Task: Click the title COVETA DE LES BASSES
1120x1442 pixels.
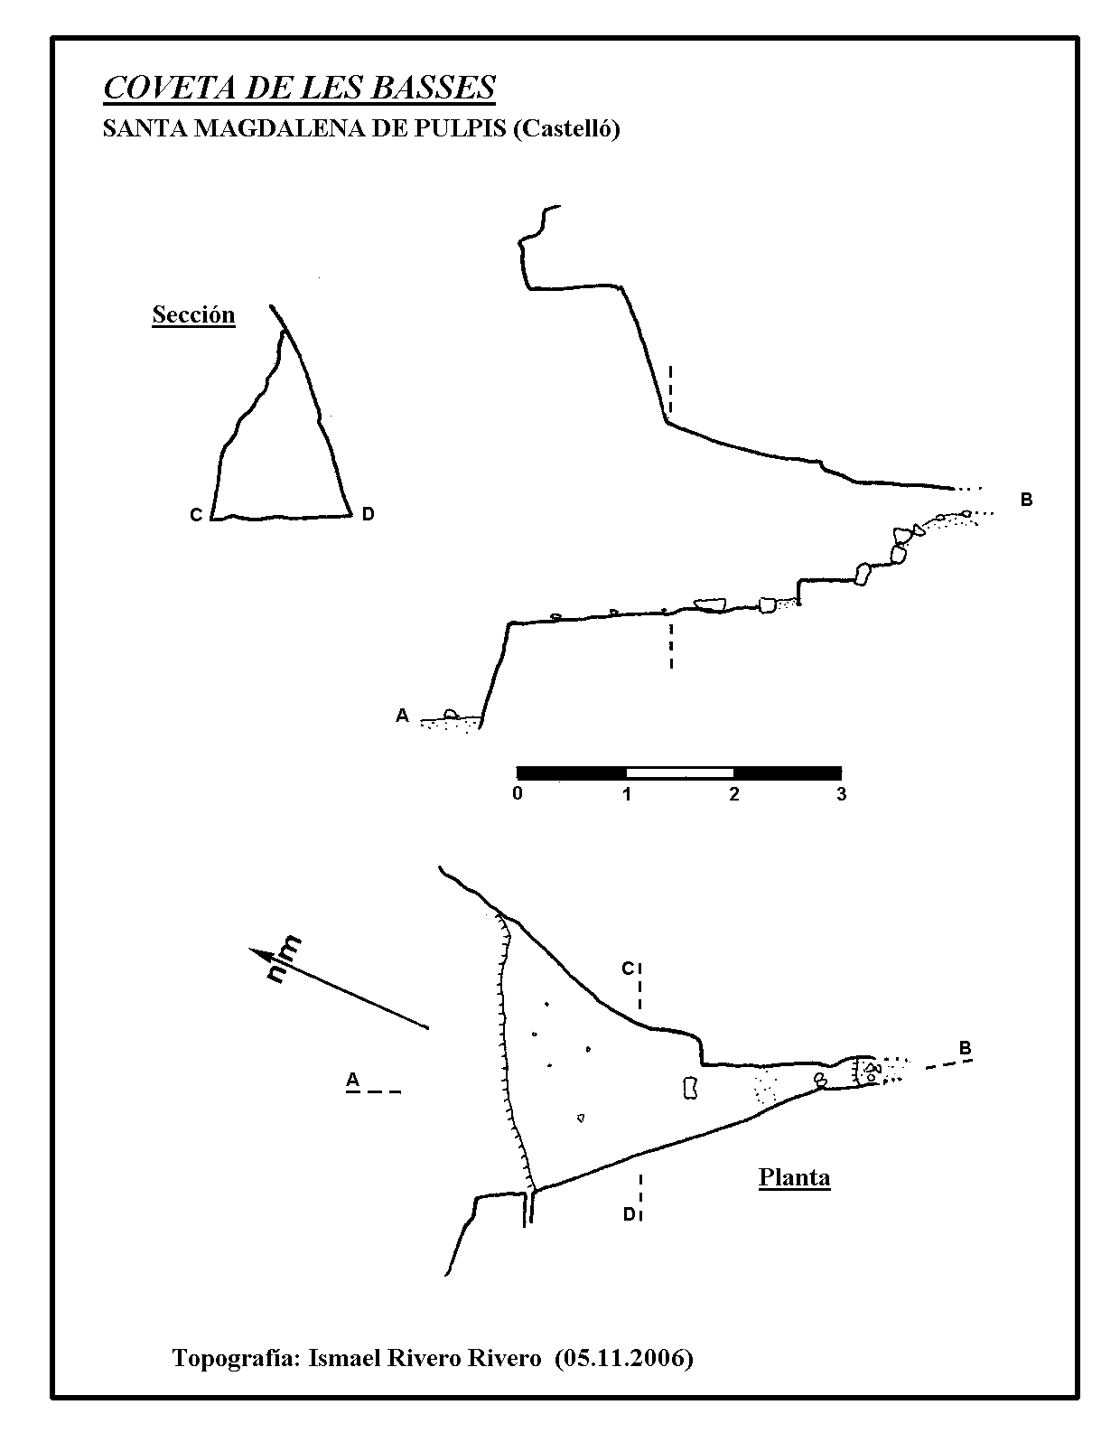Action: point(299,88)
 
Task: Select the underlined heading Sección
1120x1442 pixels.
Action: point(193,314)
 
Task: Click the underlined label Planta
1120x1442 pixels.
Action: point(795,1177)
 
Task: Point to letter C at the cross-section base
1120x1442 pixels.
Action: point(196,515)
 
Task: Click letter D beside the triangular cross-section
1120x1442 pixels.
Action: point(368,513)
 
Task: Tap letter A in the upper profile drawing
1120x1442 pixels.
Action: point(403,716)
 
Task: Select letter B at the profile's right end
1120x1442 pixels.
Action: point(1026,500)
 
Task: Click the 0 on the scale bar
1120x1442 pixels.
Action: point(518,793)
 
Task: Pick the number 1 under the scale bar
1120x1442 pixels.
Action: point(627,793)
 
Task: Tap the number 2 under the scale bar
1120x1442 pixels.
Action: point(734,793)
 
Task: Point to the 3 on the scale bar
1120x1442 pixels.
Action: point(842,793)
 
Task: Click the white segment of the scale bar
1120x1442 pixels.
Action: point(680,773)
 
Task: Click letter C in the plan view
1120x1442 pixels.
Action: point(628,969)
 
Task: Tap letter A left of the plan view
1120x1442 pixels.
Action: point(353,1080)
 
